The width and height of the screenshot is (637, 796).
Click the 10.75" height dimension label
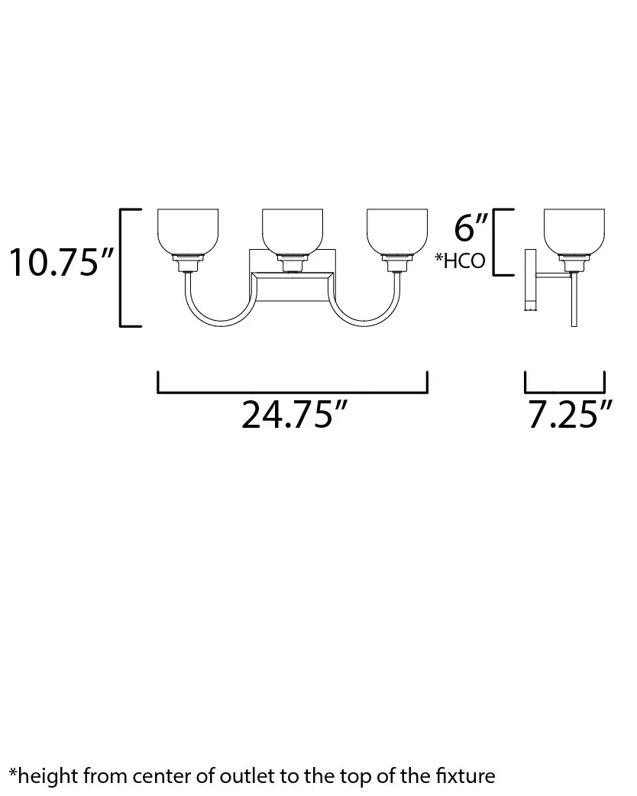(x=62, y=263)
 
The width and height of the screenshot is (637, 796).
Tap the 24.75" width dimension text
(x=294, y=415)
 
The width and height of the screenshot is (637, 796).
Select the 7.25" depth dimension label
(x=571, y=415)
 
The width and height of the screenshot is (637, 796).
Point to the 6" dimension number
(x=470, y=227)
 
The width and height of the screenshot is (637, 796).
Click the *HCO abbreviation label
(x=460, y=261)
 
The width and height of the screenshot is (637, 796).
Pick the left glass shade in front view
(x=188, y=231)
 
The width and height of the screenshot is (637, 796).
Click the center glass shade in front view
(x=293, y=231)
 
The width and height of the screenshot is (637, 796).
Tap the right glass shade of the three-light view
(x=397, y=231)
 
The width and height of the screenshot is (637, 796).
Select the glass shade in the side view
(x=574, y=231)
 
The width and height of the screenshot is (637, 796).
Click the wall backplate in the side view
(x=530, y=280)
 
